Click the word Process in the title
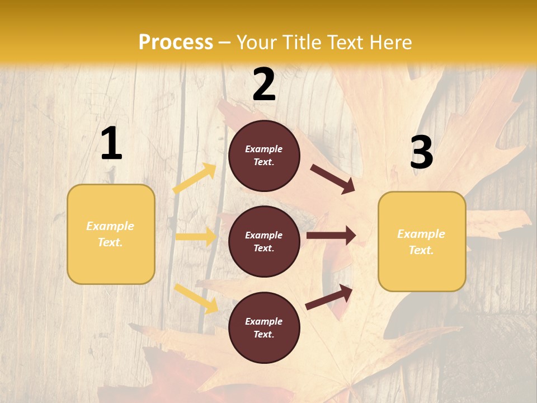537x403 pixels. coord(176,43)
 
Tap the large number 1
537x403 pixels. coord(111,144)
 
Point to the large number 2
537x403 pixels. coord(264,85)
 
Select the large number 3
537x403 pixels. coord(421,152)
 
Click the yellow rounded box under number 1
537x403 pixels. coord(111,234)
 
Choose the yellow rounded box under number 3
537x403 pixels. coord(422,241)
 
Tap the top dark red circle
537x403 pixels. coord(264,156)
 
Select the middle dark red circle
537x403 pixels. coord(264,241)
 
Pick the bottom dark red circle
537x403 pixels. coord(264,327)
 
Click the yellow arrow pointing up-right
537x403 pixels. coord(195,179)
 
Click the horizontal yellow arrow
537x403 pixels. coord(196,237)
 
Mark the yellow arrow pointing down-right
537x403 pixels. coord(196,298)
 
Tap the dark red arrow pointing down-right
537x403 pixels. coord(333,179)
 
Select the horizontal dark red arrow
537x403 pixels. coord(331,236)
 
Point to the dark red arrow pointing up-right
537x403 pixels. coord(329,297)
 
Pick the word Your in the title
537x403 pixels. coord(255,43)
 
